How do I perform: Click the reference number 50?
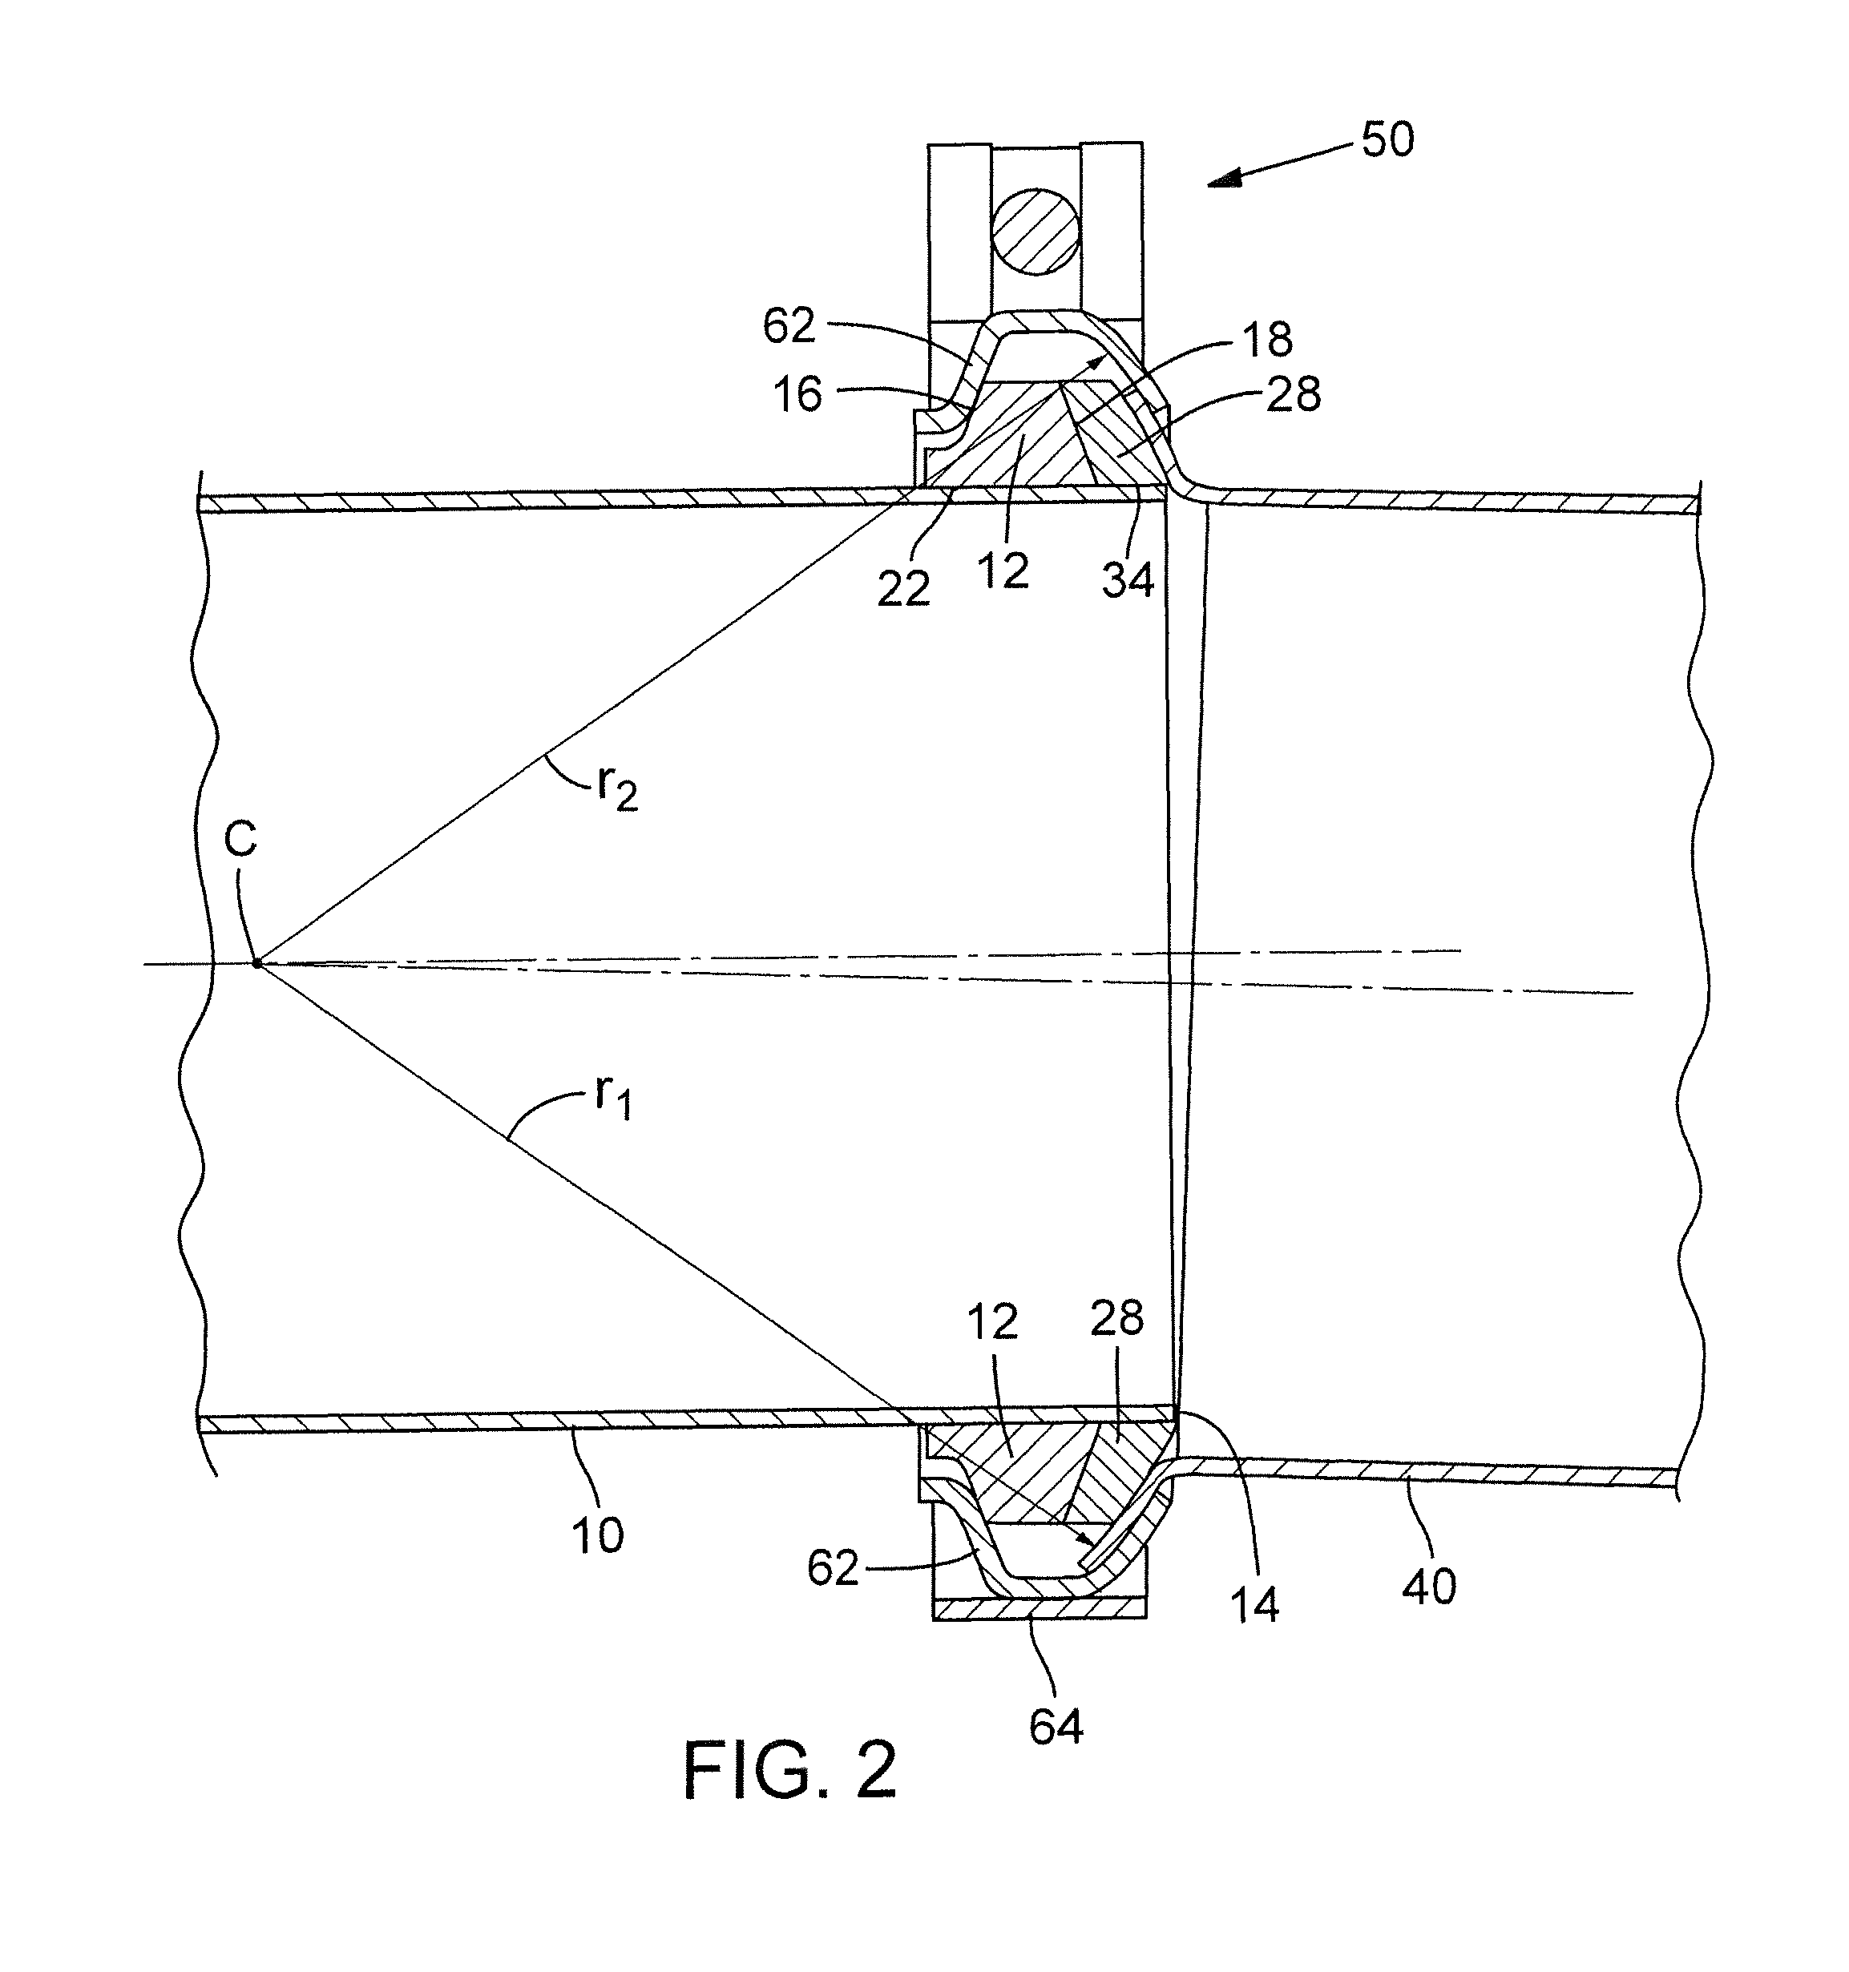tap(1387, 141)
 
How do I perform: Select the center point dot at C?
tap(256, 963)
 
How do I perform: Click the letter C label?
tap(240, 839)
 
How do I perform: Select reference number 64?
tap(1056, 1728)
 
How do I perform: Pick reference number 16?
tap(797, 395)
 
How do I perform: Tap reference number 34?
tap(1128, 580)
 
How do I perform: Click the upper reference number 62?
tap(789, 325)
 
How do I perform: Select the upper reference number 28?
tap(1294, 395)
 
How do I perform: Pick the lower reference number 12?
tap(993, 1321)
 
